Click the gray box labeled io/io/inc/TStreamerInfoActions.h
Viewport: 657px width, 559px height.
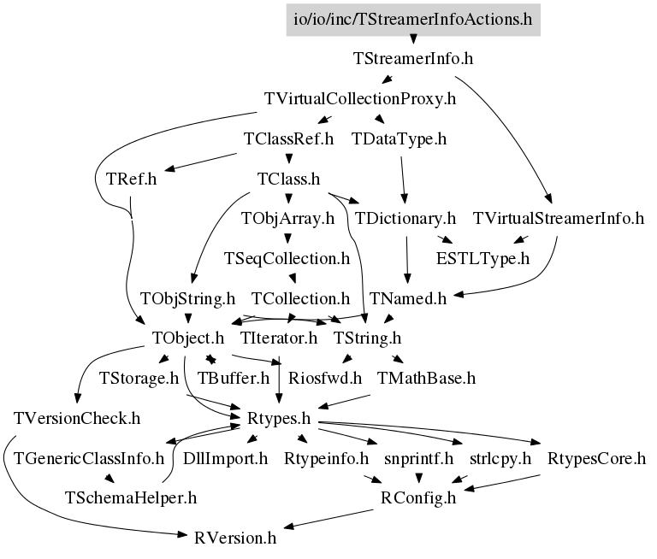tap(413, 19)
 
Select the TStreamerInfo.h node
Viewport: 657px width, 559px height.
tap(413, 60)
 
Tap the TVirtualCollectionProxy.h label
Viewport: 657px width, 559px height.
tap(360, 99)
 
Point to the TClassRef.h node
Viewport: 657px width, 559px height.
tap(288, 138)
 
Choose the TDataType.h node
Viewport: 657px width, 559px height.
tap(400, 138)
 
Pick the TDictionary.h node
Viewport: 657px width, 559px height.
tap(405, 219)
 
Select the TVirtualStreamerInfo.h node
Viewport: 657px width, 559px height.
tap(558, 219)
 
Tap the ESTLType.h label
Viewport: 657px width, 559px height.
tap(483, 258)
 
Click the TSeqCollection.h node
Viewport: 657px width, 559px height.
tap(287, 258)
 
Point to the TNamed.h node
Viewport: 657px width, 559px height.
tap(409, 298)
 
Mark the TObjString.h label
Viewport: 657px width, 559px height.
tap(187, 298)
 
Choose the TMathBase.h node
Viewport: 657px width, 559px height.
tap(426, 376)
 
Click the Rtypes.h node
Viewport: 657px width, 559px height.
tap(278, 421)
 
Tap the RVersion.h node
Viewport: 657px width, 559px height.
tap(235, 538)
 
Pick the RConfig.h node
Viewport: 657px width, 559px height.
tap(418, 498)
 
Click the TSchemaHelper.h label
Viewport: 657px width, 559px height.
tap(131, 497)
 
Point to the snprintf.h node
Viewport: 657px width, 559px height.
tap(418, 459)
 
